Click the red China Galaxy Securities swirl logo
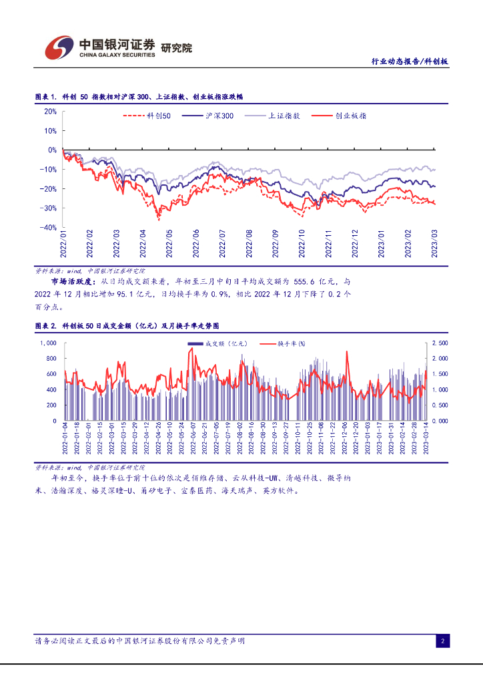pos(59,47)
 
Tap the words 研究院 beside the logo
pos(176,48)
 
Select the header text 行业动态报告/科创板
pos(409,61)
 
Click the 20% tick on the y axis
pos(50,112)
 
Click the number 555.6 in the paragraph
pos(308,283)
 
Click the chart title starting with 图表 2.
pos(127,325)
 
